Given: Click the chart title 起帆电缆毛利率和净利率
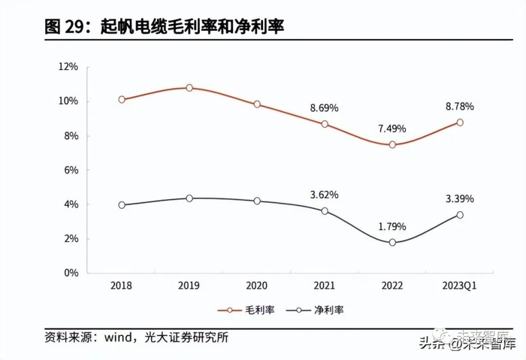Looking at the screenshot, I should [x=166, y=26].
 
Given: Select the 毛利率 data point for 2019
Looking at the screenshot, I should [x=189, y=88].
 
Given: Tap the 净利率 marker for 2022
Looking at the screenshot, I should [x=392, y=242].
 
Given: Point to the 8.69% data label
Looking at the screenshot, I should [x=325, y=107].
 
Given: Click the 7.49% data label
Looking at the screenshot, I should [x=391, y=128].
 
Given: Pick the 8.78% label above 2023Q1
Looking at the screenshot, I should [x=460, y=106].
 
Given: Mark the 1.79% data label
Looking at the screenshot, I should [x=391, y=225].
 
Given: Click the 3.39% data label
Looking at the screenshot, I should [x=460, y=198].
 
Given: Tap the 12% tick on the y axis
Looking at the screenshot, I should [x=68, y=67].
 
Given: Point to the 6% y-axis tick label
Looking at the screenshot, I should [x=71, y=170].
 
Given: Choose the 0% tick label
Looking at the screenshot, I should [x=71, y=273].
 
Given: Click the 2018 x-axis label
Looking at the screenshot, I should [x=122, y=286].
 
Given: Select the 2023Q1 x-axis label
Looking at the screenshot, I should [x=460, y=286].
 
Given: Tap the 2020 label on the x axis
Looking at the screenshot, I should [x=257, y=286].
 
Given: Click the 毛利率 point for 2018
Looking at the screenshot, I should [x=122, y=99].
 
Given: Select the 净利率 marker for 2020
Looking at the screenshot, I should [x=257, y=201].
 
